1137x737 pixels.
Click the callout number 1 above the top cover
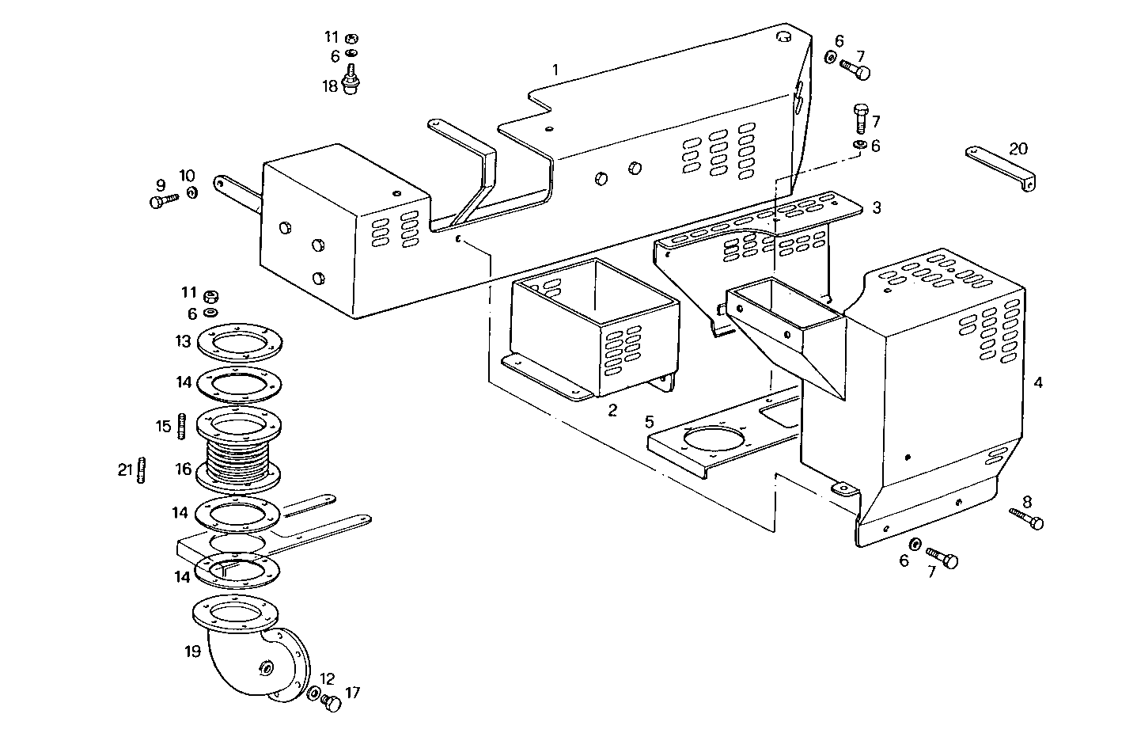[555, 70]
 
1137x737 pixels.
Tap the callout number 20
[1018, 148]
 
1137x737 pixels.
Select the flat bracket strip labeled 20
[1000, 168]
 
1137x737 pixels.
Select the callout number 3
[876, 207]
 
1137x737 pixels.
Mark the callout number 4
[1038, 382]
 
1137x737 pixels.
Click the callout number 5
[649, 420]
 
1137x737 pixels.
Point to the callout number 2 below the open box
[612, 410]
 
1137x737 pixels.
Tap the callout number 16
[184, 469]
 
